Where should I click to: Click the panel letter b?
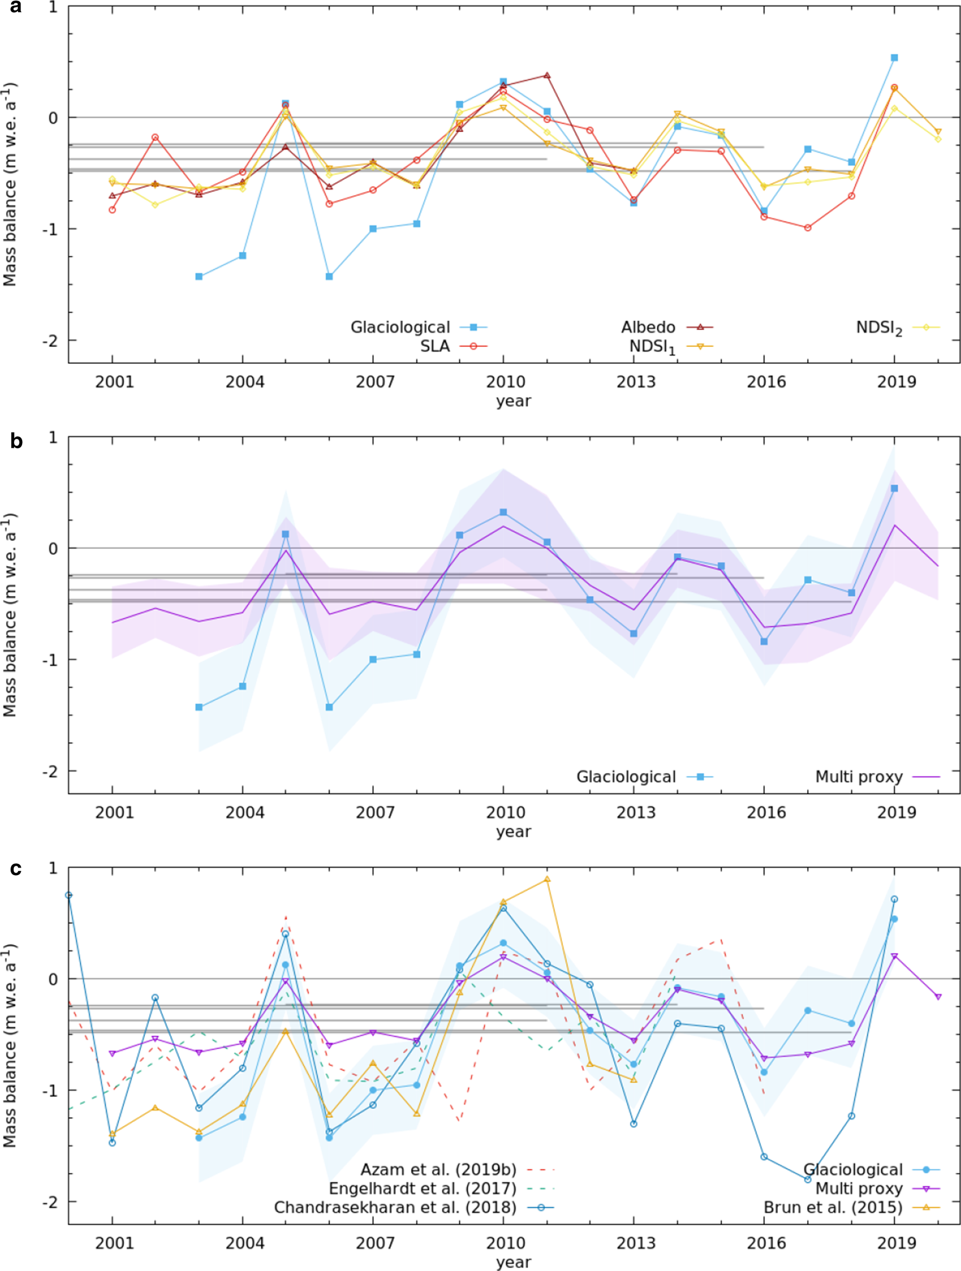[x=16, y=441]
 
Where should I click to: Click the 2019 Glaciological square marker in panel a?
[x=895, y=58]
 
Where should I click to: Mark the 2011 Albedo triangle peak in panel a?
[x=547, y=75]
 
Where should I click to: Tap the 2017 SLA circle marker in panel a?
[x=808, y=228]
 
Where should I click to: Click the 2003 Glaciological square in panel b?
[x=199, y=707]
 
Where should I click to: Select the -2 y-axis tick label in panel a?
[x=50, y=340]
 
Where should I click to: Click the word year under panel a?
[x=513, y=401]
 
